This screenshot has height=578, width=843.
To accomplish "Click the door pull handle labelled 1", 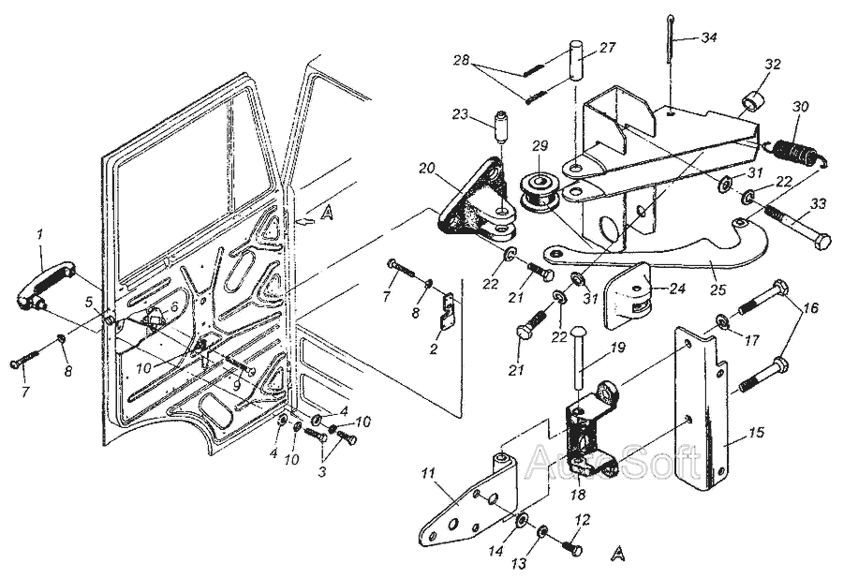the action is click(46, 284).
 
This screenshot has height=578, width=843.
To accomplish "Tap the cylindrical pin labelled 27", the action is click(576, 60).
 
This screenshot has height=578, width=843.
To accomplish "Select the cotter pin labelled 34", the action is click(671, 39).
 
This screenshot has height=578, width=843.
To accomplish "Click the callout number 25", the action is click(717, 289).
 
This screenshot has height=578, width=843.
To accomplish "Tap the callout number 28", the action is click(461, 59).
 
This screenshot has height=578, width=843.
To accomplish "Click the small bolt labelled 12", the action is click(572, 548).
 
